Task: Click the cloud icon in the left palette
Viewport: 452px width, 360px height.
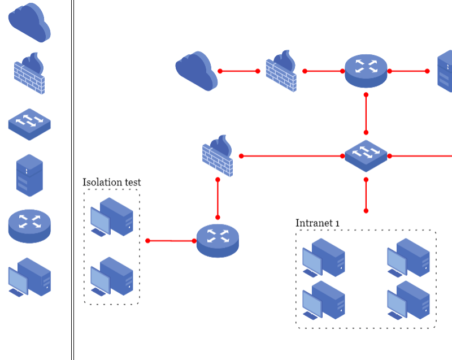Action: (x=29, y=23)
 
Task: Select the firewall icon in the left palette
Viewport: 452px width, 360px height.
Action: (x=29, y=73)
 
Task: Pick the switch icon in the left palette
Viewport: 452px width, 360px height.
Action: (x=29, y=124)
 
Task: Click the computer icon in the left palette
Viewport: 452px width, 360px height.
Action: (x=29, y=277)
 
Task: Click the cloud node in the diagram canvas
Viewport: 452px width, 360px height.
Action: (x=197, y=71)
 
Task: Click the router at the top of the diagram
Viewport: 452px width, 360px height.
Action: (x=366, y=71)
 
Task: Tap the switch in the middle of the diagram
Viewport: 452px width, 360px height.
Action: (x=366, y=155)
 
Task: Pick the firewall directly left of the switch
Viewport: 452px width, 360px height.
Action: (x=218, y=156)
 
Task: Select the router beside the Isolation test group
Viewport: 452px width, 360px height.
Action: (x=218, y=240)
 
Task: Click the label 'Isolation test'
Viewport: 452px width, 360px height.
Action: (x=111, y=182)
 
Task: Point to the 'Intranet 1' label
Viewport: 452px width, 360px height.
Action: (x=318, y=223)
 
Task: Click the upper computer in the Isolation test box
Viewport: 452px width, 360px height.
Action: (x=112, y=216)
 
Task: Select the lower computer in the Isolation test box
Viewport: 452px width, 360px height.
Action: (x=112, y=276)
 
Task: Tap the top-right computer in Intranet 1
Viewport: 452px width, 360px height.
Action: (x=408, y=258)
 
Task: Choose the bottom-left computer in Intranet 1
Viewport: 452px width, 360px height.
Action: (x=323, y=300)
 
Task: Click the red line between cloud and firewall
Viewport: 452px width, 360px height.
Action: (x=239, y=71)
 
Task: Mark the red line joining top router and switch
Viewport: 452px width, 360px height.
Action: (x=366, y=114)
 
